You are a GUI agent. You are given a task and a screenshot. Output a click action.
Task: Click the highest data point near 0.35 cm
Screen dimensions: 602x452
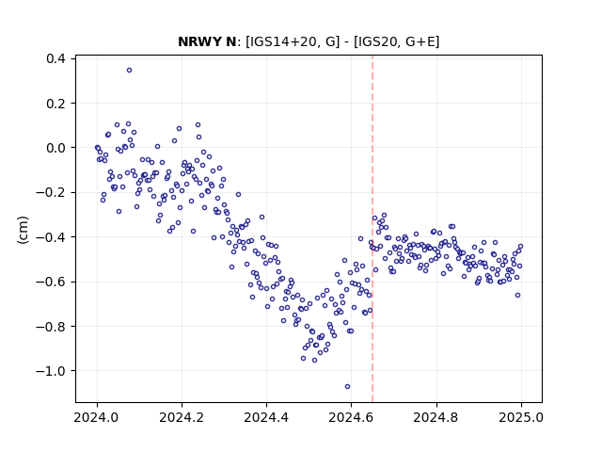tap(130, 71)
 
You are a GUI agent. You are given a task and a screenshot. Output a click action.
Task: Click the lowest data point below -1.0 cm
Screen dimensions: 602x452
tap(347, 387)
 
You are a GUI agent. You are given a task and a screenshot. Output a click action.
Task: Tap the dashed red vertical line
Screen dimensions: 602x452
tap(372, 229)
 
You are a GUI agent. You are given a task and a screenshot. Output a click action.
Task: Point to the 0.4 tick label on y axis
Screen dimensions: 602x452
tap(55, 58)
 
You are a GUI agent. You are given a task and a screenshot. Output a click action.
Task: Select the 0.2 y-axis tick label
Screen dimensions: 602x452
tap(55, 104)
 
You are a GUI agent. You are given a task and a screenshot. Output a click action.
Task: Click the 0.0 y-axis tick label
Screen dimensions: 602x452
tap(55, 148)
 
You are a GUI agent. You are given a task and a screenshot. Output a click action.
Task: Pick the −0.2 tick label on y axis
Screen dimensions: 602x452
tap(51, 192)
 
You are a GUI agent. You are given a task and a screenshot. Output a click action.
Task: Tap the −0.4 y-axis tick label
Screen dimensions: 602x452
tap(51, 237)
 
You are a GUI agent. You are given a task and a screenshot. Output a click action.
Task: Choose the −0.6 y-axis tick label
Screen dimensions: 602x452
tap(51, 282)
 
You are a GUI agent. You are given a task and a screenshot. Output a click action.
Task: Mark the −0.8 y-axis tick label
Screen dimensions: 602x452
tap(51, 327)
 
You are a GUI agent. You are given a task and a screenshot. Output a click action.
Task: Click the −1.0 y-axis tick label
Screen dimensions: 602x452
tap(51, 371)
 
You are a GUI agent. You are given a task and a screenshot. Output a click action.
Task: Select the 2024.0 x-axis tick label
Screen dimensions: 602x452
tap(97, 417)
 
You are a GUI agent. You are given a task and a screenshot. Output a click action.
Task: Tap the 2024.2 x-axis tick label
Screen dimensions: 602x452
tap(182, 417)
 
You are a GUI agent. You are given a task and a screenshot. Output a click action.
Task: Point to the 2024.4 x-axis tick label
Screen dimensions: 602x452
tap(266, 417)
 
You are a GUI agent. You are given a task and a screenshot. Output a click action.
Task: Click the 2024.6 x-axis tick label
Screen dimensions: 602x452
tap(351, 417)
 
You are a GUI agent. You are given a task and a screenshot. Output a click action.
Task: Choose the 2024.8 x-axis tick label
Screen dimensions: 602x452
tap(436, 417)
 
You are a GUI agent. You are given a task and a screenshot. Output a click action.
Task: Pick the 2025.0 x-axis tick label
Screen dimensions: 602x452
tap(521, 417)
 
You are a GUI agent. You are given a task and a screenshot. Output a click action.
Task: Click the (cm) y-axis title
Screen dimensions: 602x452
tap(23, 230)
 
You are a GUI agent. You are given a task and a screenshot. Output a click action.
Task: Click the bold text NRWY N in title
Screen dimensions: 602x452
tap(207, 41)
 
